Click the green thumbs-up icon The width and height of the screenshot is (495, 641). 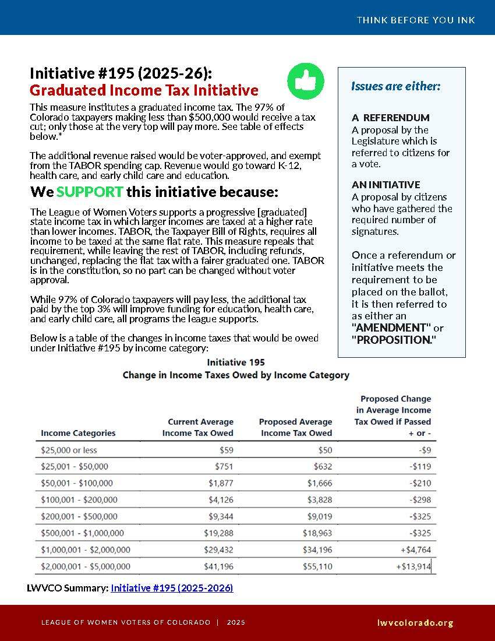[x=305, y=81]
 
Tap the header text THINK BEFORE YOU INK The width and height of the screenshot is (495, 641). [x=416, y=20]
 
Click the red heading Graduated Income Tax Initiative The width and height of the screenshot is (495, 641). [x=144, y=90]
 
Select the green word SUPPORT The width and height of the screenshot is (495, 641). [x=90, y=192]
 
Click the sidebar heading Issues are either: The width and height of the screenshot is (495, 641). [x=395, y=86]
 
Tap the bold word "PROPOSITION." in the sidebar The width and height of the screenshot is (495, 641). [x=393, y=340]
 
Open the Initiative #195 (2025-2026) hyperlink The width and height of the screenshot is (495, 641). [x=172, y=588]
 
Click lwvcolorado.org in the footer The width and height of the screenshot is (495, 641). [x=415, y=622]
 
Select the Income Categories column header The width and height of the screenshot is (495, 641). [x=78, y=433]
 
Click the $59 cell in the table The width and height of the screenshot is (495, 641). [x=227, y=450]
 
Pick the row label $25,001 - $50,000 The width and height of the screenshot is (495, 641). [x=75, y=466]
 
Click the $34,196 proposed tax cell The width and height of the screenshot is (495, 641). [x=317, y=550]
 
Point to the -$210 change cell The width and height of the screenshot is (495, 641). [x=420, y=483]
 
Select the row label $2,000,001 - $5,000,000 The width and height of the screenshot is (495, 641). [x=86, y=566]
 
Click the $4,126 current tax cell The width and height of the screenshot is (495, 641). [x=221, y=499]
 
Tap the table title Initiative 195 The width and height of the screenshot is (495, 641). [x=236, y=362]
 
